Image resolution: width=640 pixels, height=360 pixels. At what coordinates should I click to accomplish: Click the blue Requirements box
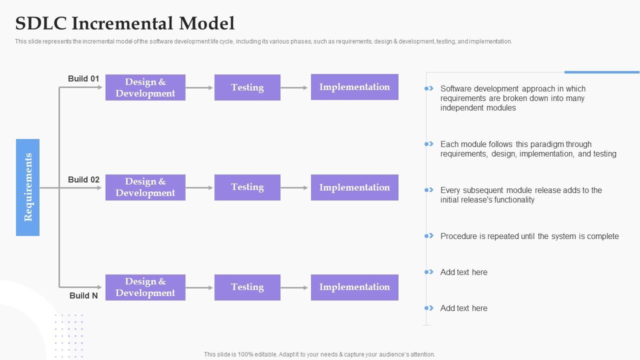click(x=27, y=187)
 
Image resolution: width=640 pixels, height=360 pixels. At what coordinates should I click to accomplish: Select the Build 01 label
click(x=83, y=78)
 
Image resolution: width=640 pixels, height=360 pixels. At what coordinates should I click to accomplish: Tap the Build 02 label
click(x=83, y=179)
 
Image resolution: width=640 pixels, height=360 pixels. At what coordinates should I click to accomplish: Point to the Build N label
click(x=83, y=295)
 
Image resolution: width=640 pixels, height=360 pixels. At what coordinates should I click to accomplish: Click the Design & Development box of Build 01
click(x=145, y=87)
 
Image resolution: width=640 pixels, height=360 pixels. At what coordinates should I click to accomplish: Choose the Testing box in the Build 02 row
click(x=247, y=187)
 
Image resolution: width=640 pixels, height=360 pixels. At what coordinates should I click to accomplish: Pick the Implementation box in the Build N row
click(x=354, y=287)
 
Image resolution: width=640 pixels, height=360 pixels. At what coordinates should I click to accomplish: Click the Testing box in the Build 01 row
click(x=247, y=87)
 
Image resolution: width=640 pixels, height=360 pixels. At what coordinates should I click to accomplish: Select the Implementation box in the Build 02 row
click(x=354, y=187)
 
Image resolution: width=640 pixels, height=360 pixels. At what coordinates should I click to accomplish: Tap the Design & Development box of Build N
click(x=145, y=287)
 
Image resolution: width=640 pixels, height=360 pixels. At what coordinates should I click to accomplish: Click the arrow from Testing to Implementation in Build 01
click(x=294, y=87)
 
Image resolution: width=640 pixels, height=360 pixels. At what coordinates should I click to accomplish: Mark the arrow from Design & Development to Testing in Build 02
click(x=199, y=187)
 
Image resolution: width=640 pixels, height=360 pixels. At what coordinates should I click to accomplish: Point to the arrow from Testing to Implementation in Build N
click(x=294, y=287)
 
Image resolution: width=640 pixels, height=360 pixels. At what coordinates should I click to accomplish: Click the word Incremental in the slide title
click(x=122, y=23)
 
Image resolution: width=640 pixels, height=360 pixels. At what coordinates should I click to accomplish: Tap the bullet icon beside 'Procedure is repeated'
click(x=429, y=235)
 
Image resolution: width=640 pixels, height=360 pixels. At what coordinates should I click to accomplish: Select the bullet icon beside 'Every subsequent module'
click(x=429, y=189)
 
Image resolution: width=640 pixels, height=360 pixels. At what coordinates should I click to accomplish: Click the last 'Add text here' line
click(x=463, y=308)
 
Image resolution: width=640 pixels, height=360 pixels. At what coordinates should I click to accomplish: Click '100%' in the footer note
click(x=245, y=354)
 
